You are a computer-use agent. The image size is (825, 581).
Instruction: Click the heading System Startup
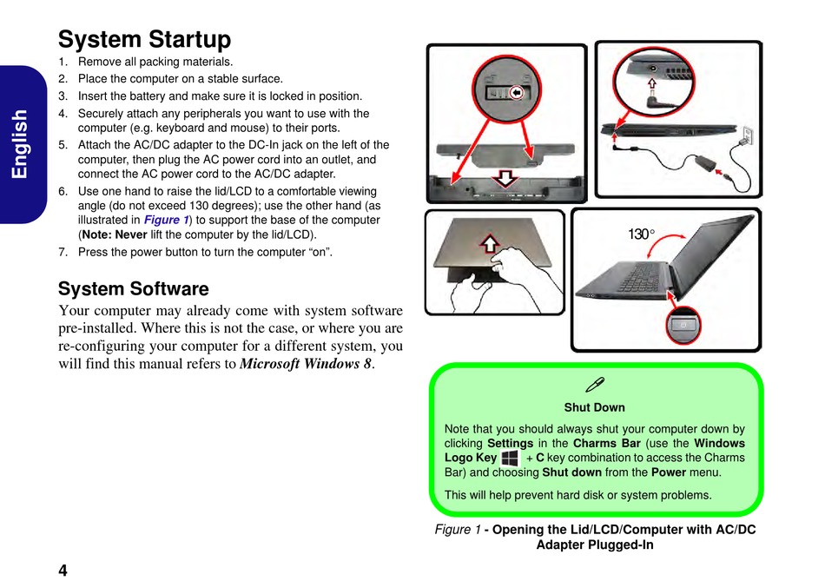(144, 40)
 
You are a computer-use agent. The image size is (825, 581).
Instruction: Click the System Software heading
(133, 288)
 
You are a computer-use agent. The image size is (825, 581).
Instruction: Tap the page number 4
(63, 570)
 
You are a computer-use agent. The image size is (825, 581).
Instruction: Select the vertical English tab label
(21, 143)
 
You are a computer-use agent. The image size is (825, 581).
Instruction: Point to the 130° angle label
(641, 234)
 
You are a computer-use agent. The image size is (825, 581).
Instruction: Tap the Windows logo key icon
(510, 458)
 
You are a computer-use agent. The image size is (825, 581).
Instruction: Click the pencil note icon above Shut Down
(595, 384)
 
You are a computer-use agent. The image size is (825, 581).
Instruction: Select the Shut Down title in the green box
(595, 407)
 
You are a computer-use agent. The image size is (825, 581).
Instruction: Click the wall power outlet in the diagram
(744, 135)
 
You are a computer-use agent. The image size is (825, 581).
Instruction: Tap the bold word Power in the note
(669, 472)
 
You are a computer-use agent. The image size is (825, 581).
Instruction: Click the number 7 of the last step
(63, 253)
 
